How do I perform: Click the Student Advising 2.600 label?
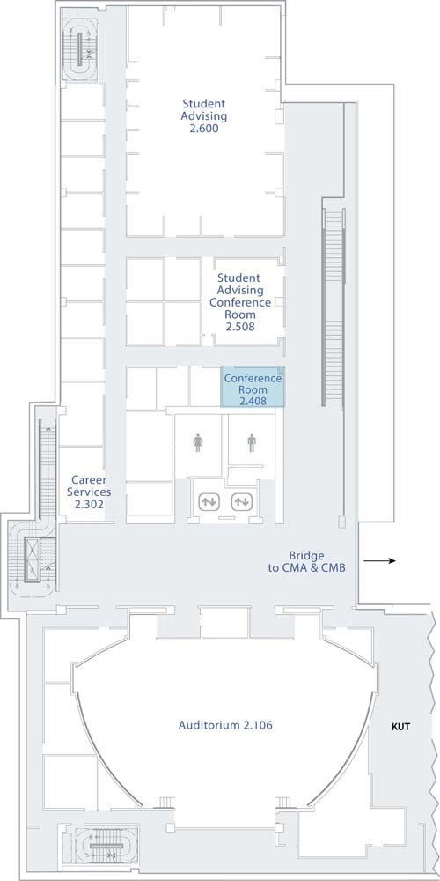pos(204,115)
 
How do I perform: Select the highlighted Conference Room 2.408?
pos(253,387)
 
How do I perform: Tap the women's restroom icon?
pos(198,443)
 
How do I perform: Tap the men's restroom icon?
pos(251,443)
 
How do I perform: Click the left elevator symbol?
pos(210,500)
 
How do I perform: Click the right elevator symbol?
pos(242,500)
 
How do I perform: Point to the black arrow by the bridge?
pos(380,560)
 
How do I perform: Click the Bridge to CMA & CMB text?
pos(306,562)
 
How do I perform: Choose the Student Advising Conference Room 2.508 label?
pos(240,302)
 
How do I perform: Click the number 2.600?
pos(204,129)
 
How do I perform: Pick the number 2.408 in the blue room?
pos(253,401)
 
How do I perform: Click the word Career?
pos(89,480)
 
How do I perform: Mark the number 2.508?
pos(240,327)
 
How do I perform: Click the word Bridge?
pos(306,556)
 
